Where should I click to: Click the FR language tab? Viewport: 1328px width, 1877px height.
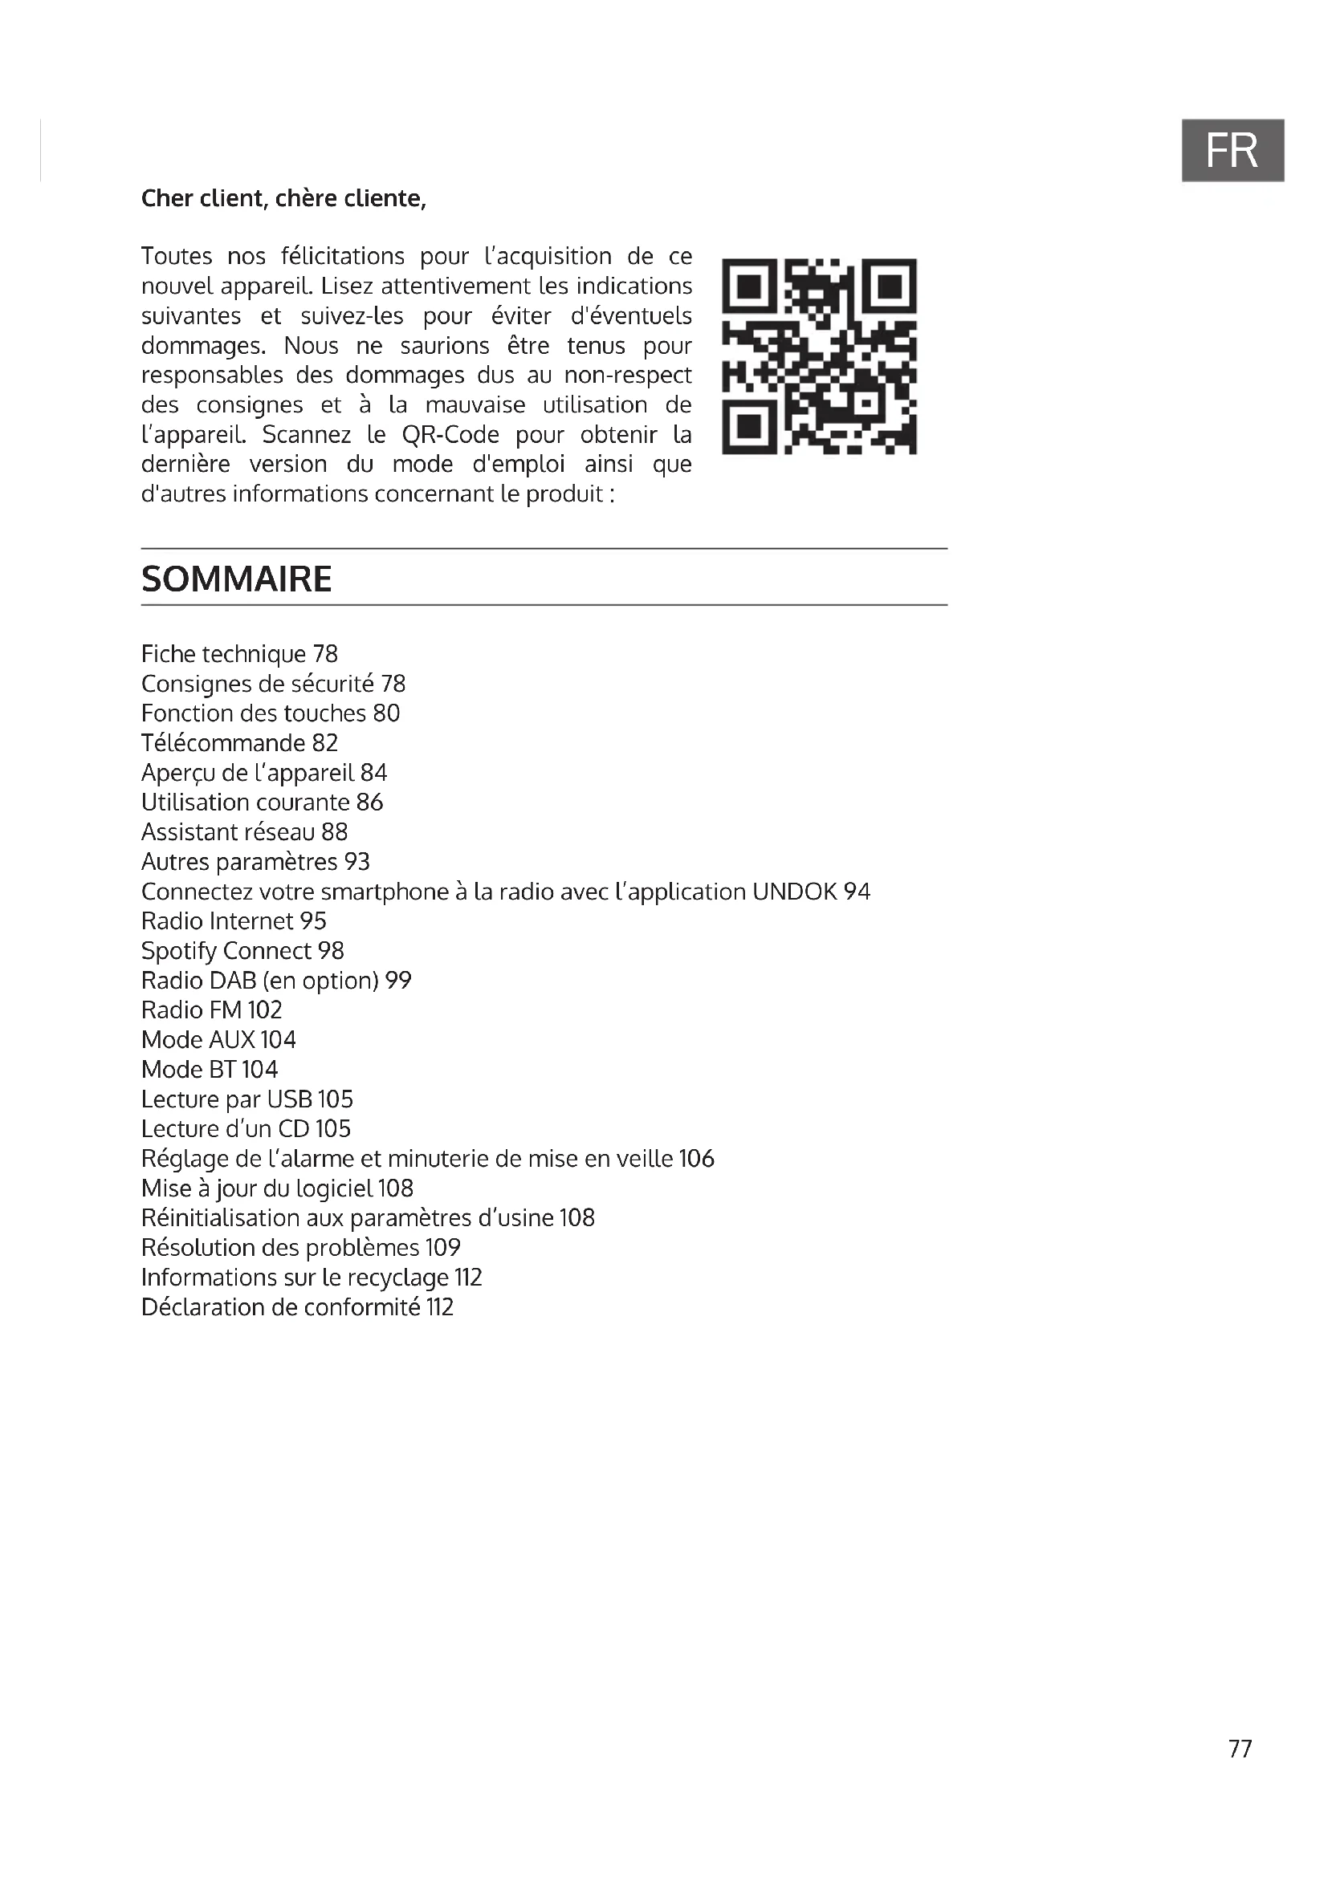coord(1232,150)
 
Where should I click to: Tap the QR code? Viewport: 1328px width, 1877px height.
coord(820,356)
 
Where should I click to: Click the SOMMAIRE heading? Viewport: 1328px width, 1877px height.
coord(236,579)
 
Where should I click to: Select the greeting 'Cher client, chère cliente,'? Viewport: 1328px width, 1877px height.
coord(283,199)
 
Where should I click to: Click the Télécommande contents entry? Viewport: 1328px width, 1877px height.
coord(238,743)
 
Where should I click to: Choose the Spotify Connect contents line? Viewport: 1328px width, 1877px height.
coord(242,951)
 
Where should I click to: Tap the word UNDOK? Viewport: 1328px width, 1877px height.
coord(794,891)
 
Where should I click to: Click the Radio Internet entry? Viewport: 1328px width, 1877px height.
coord(233,921)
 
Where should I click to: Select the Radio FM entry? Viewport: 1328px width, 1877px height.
coord(211,1010)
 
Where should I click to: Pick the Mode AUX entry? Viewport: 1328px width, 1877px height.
coord(218,1040)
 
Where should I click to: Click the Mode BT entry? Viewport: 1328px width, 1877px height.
coord(210,1069)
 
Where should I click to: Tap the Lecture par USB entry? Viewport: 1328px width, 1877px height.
coord(247,1099)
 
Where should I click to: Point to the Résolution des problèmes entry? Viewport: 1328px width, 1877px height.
coord(300,1248)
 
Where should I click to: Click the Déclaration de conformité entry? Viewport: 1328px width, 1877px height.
coord(297,1307)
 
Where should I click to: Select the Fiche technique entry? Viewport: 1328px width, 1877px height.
coord(238,654)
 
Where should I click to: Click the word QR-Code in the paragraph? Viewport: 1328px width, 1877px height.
coord(450,434)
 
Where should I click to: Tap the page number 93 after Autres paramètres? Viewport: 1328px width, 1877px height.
coord(356,862)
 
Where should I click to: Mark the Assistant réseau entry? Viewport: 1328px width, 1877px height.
coord(244,832)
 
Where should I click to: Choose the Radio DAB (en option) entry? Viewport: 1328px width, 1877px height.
coord(275,980)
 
